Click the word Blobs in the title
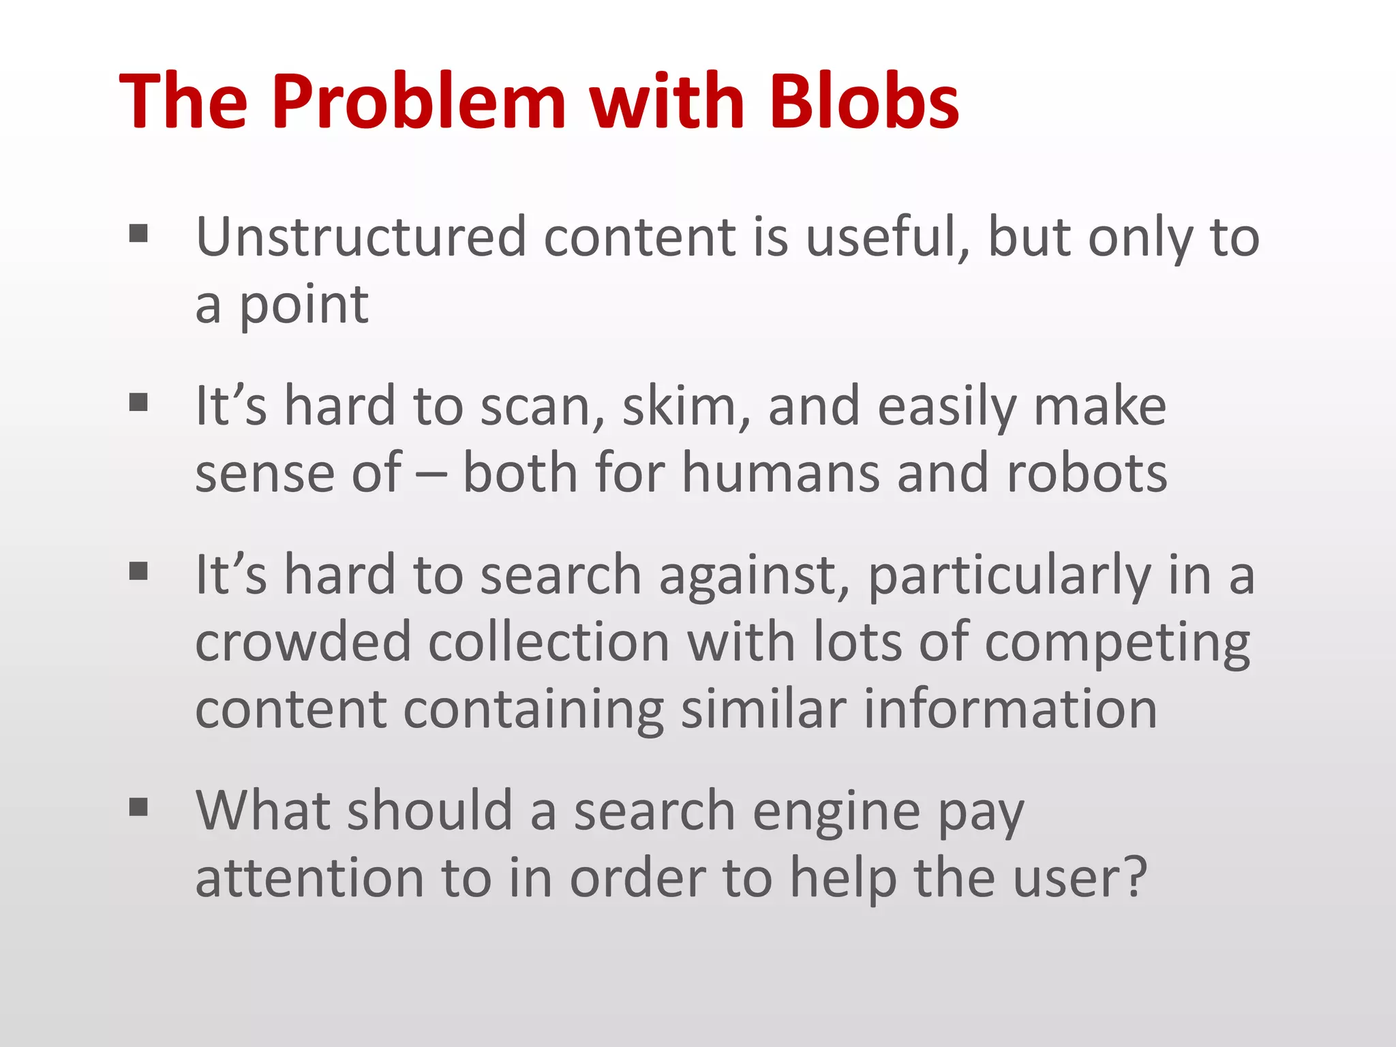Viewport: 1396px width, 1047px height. point(864,102)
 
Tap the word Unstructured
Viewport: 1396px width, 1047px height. point(361,237)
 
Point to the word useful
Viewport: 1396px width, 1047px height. point(888,238)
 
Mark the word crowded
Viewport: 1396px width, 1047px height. point(303,641)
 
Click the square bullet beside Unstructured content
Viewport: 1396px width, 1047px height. point(138,234)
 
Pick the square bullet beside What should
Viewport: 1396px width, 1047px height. point(138,808)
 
